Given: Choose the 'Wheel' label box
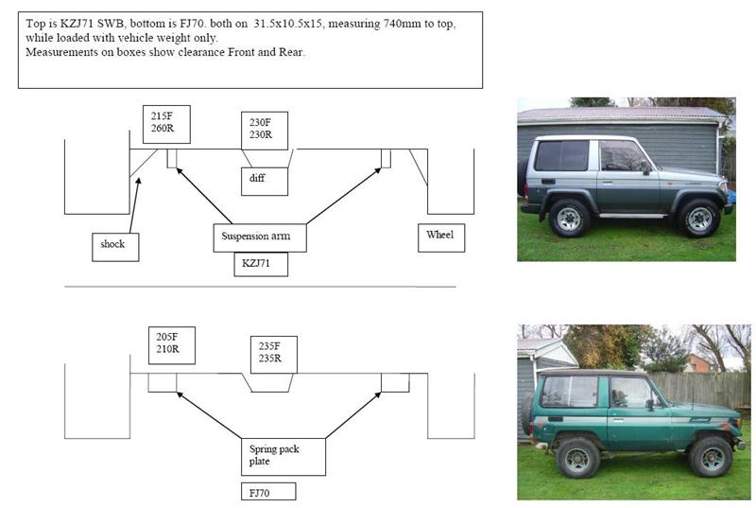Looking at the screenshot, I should [x=440, y=236].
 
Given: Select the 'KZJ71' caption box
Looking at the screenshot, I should [x=260, y=265].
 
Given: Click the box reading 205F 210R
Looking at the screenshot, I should [x=170, y=346].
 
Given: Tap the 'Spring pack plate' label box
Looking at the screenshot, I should [x=281, y=456].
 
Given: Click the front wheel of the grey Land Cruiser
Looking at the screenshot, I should [x=700, y=219].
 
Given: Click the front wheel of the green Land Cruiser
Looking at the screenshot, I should [x=710, y=457].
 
